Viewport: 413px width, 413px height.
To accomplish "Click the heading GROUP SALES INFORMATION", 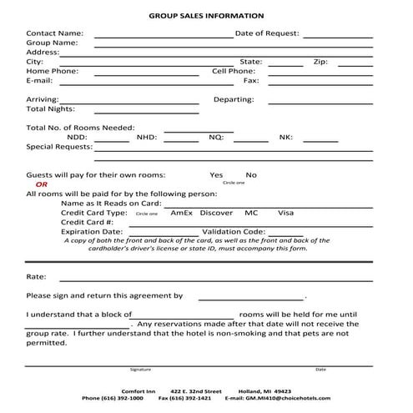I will (x=206, y=16).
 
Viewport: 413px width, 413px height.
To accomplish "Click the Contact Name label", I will (x=55, y=33).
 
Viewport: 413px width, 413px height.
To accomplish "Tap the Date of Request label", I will (x=267, y=33).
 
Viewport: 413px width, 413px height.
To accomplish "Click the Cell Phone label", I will (x=234, y=72).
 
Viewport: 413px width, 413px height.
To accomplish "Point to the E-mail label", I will (x=40, y=81).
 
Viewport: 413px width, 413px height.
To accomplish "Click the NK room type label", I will (x=285, y=137).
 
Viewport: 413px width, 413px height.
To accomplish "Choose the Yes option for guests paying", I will (x=216, y=175).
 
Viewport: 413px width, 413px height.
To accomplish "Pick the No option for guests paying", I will (x=251, y=175).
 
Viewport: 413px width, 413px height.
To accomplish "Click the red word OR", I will (x=42, y=184).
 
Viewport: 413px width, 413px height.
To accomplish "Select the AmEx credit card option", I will (x=181, y=213).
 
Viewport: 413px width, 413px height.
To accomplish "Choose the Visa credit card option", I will (x=286, y=213).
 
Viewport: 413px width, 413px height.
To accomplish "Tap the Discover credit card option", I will (x=217, y=213).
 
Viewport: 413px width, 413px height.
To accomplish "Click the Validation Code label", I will (x=234, y=231).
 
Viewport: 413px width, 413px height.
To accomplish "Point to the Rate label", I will (x=36, y=276).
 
